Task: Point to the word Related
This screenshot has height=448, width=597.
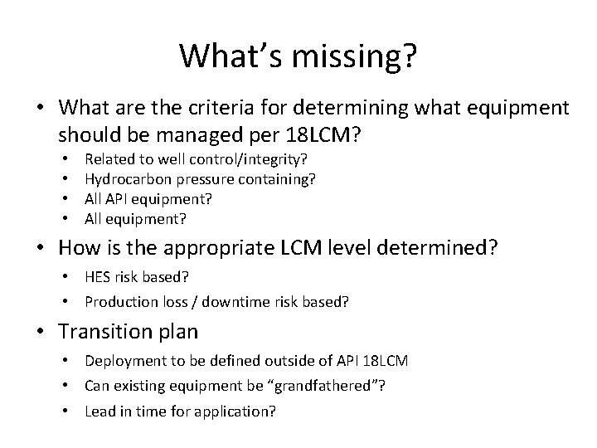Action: pyautogui.click(x=108, y=158)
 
